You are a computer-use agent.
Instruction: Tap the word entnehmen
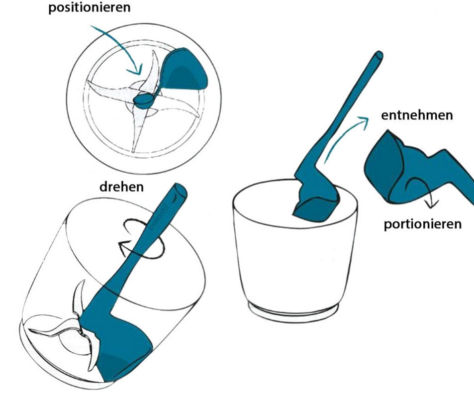[417, 115]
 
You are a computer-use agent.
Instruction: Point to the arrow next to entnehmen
[345, 137]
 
